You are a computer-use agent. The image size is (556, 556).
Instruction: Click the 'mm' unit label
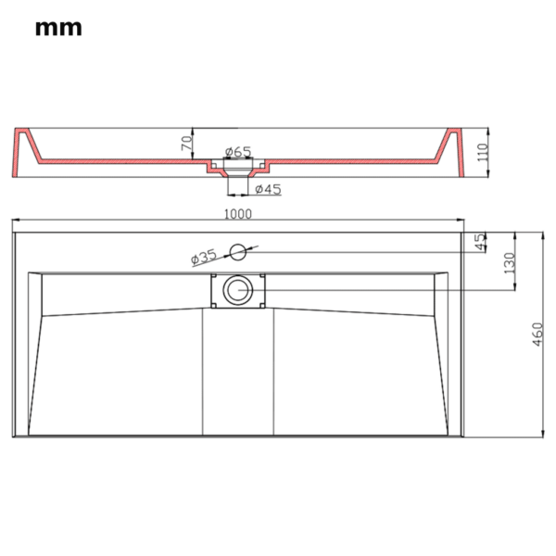click(58, 28)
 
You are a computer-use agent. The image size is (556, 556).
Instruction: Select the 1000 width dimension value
click(238, 214)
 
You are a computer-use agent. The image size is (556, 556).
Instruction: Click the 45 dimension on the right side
click(479, 242)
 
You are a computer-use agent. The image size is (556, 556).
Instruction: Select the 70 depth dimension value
click(185, 144)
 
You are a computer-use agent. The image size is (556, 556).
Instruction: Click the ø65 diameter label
click(238, 151)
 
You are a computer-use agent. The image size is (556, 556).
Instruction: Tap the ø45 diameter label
click(267, 190)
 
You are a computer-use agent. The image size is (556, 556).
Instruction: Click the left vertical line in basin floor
click(202, 371)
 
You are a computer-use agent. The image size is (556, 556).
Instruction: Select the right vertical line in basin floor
click(274, 371)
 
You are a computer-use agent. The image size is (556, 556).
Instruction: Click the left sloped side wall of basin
click(36, 371)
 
